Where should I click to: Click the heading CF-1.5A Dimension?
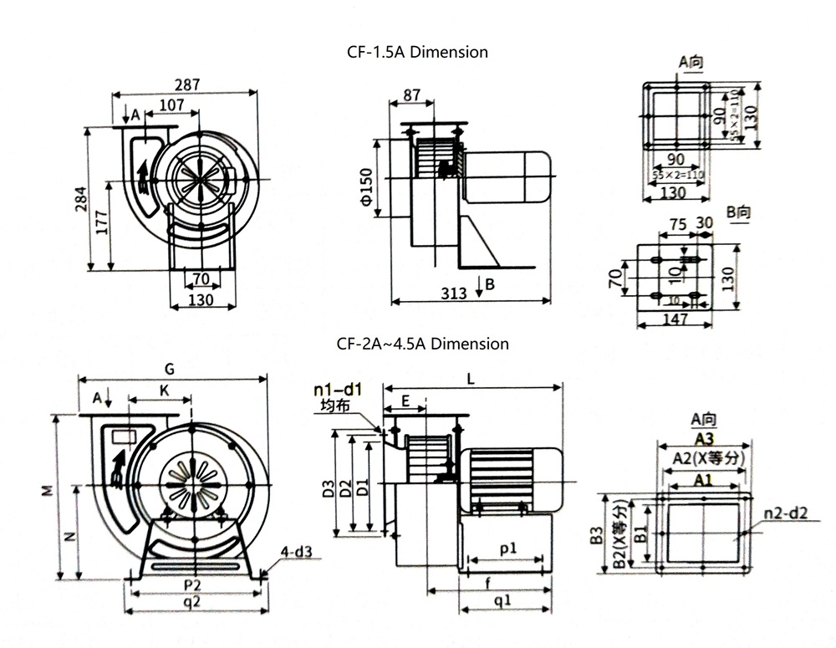pos(417,52)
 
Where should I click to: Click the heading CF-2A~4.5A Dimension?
pos(422,343)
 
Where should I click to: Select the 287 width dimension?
pos(186,85)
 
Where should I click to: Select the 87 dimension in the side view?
pos(411,95)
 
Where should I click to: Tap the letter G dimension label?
pos(170,369)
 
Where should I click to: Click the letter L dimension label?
pos(472,379)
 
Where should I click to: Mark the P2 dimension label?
pos(193,583)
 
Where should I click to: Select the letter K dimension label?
pos(164,390)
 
